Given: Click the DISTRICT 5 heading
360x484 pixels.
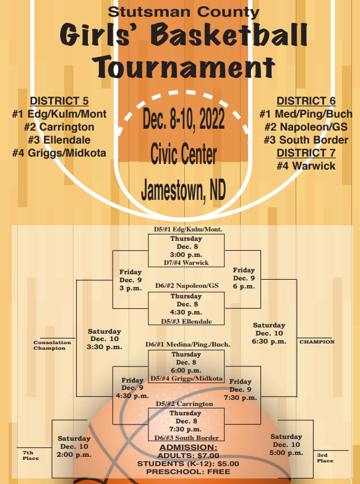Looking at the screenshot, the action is pos(59,101).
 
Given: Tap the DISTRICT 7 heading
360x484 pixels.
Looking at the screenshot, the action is pos(306,153).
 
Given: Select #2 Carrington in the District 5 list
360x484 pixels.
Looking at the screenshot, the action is pos(59,127).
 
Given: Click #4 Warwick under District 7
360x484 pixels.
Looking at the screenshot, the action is pos(306,166).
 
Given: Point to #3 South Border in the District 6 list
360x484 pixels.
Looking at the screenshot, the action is pos(306,140).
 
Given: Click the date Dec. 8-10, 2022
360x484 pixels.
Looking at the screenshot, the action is pos(184,119).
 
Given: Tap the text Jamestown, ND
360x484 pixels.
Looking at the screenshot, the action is pos(184,190).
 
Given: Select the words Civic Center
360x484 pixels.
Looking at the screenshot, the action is pos(184,153).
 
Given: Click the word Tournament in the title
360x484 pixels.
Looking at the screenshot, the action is pos(184,66).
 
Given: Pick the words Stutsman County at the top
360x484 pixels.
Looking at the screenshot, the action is pos(184,12).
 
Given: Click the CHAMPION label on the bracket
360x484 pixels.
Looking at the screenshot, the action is pos(317,342).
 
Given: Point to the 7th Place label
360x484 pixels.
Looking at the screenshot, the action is pos(30,456).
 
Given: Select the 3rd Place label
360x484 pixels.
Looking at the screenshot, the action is pos(325,458).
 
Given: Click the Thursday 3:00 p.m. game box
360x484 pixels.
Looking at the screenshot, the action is pos(186,250).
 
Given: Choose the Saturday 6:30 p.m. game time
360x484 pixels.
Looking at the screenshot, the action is pos(269,333).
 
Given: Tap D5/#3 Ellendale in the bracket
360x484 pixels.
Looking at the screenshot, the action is pos(186,321).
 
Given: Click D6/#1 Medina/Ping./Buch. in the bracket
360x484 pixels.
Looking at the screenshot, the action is pos(188,345).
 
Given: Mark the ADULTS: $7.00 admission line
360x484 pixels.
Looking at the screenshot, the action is pos(188,456).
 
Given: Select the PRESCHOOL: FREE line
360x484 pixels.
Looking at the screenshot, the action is pos(188,472).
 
